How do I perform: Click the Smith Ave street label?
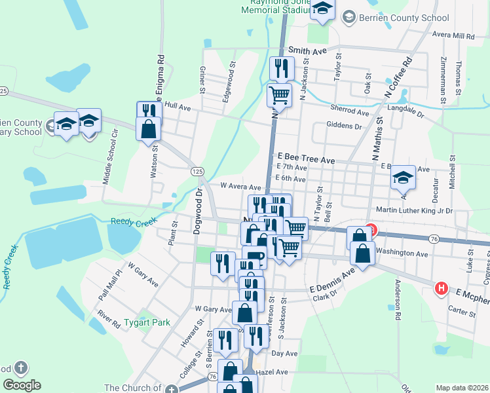pos(307,50)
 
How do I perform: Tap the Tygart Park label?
pos(147,322)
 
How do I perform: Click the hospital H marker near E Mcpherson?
pos(442,288)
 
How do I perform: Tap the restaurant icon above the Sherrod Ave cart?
pos(282,68)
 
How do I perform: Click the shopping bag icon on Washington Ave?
pos(362,255)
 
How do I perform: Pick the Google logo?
pos(22,385)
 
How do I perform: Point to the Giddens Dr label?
pos(344,126)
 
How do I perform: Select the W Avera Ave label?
pos(226,187)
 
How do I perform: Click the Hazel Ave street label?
pos(273,371)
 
